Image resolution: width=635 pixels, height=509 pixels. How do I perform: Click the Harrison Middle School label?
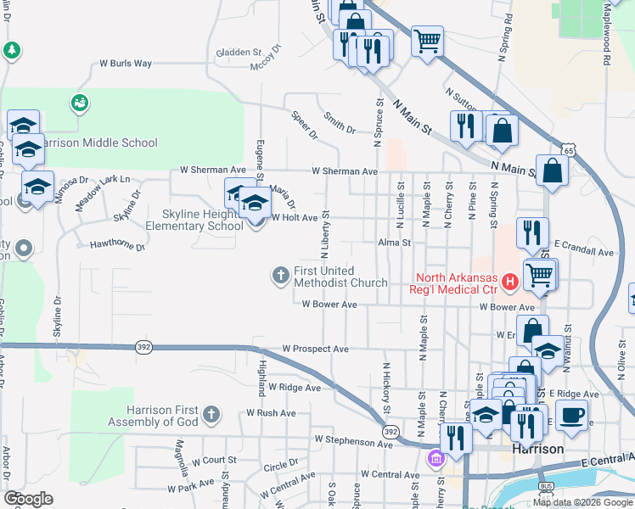(98, 143)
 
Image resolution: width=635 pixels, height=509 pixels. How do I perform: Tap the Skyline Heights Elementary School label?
(194, 221)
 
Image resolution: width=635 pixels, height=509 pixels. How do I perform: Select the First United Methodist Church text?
(340, 277)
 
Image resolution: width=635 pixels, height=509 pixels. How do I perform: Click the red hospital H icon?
(509, 281)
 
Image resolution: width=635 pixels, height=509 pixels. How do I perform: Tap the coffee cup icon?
(572, 416)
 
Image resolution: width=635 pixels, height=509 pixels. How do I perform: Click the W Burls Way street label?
(126, 63)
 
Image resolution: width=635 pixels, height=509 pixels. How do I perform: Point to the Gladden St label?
(239, 52)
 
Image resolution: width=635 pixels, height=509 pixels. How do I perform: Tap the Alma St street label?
(395, 242)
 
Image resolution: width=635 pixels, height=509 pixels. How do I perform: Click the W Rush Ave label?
(271, 412)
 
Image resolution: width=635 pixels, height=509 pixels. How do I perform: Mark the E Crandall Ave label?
(583, 253)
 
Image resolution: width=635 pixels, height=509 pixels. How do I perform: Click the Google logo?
(28, 499)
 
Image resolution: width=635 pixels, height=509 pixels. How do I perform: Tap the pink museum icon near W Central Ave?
(436, 459)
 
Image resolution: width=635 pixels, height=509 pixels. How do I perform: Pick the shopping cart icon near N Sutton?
(428, 40)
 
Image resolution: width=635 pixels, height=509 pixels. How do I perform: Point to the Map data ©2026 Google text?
(582, 502)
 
